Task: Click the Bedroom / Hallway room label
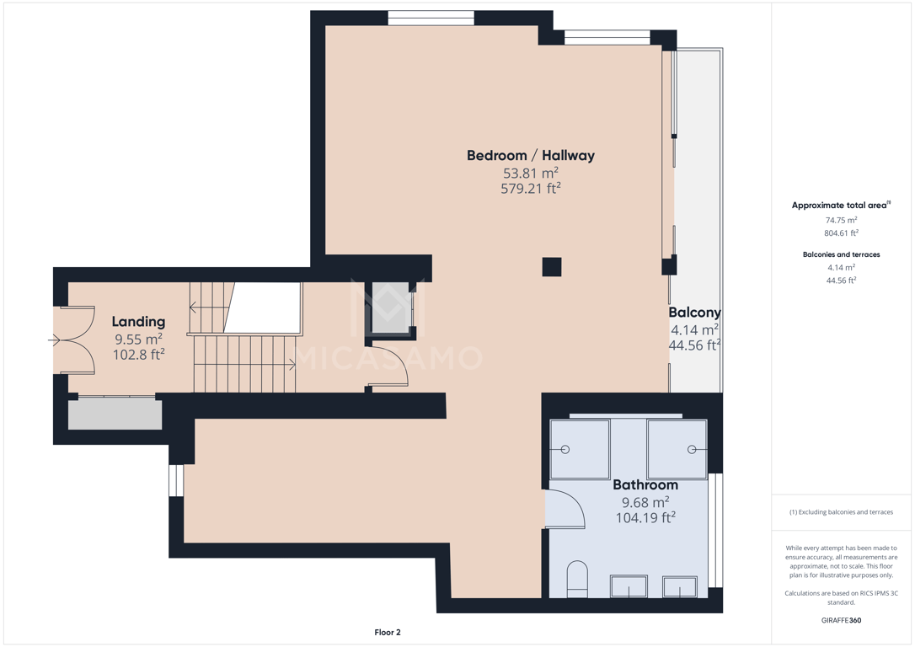pyautogui.click(x=531, y=155)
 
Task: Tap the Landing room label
pyautogui.click(x=138, y=322)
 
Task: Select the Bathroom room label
pyautogui.click(x=645, y=484)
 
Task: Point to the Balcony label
pyautogui.click(x=694, y=312)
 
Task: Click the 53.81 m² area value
pyautogui.click(x=531, y=173)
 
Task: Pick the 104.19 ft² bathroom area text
pyautogui.click(x=645, y=517)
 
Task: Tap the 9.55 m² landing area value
pyautogui.click(x=138, y=339)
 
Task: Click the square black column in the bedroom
pyautogui.click(x=552, y=266)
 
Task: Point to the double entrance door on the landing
pyautogui.click(x=75, y=340)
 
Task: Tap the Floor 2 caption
pyautogui.click(x=388, y=632)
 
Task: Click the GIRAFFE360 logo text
pyautogui.click(x=841, y=620)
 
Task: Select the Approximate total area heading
pyautogui.click(x=841, y=205)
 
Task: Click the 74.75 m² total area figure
pyautogui.click(x=841, y=220)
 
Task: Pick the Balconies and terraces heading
pyautogui.click(x=841, y=254)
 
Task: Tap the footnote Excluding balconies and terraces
pyautogui.click(x=841, y=512)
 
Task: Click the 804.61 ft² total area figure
pyautogui.click(x=841, y=233)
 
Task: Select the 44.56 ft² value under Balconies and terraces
pyautogui.click(x=841, y=280)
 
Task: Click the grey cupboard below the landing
pyautogui.click(x=115, y=414)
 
